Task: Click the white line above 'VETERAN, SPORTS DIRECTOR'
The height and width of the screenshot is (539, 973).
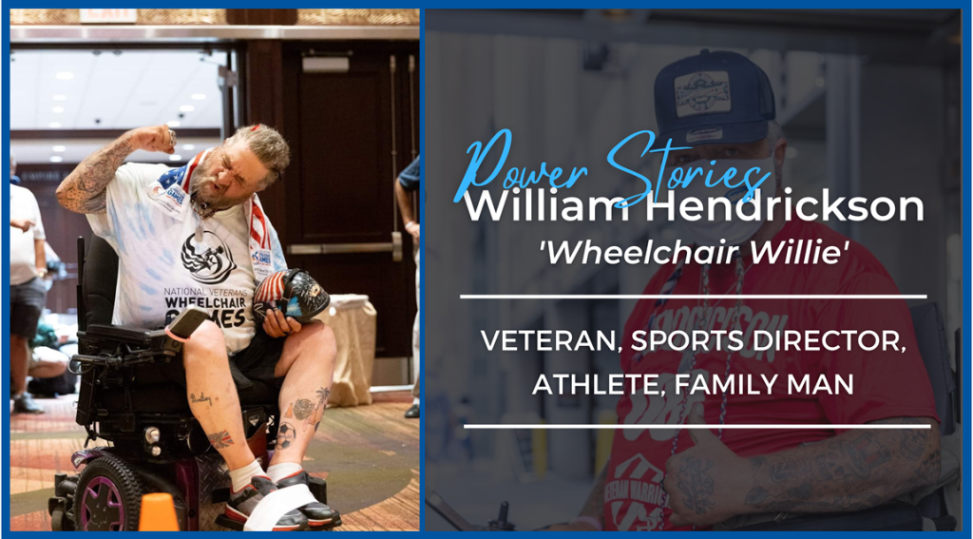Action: [x=693, y=297]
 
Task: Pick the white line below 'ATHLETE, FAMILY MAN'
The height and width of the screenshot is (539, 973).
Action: [x=696, y=426]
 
